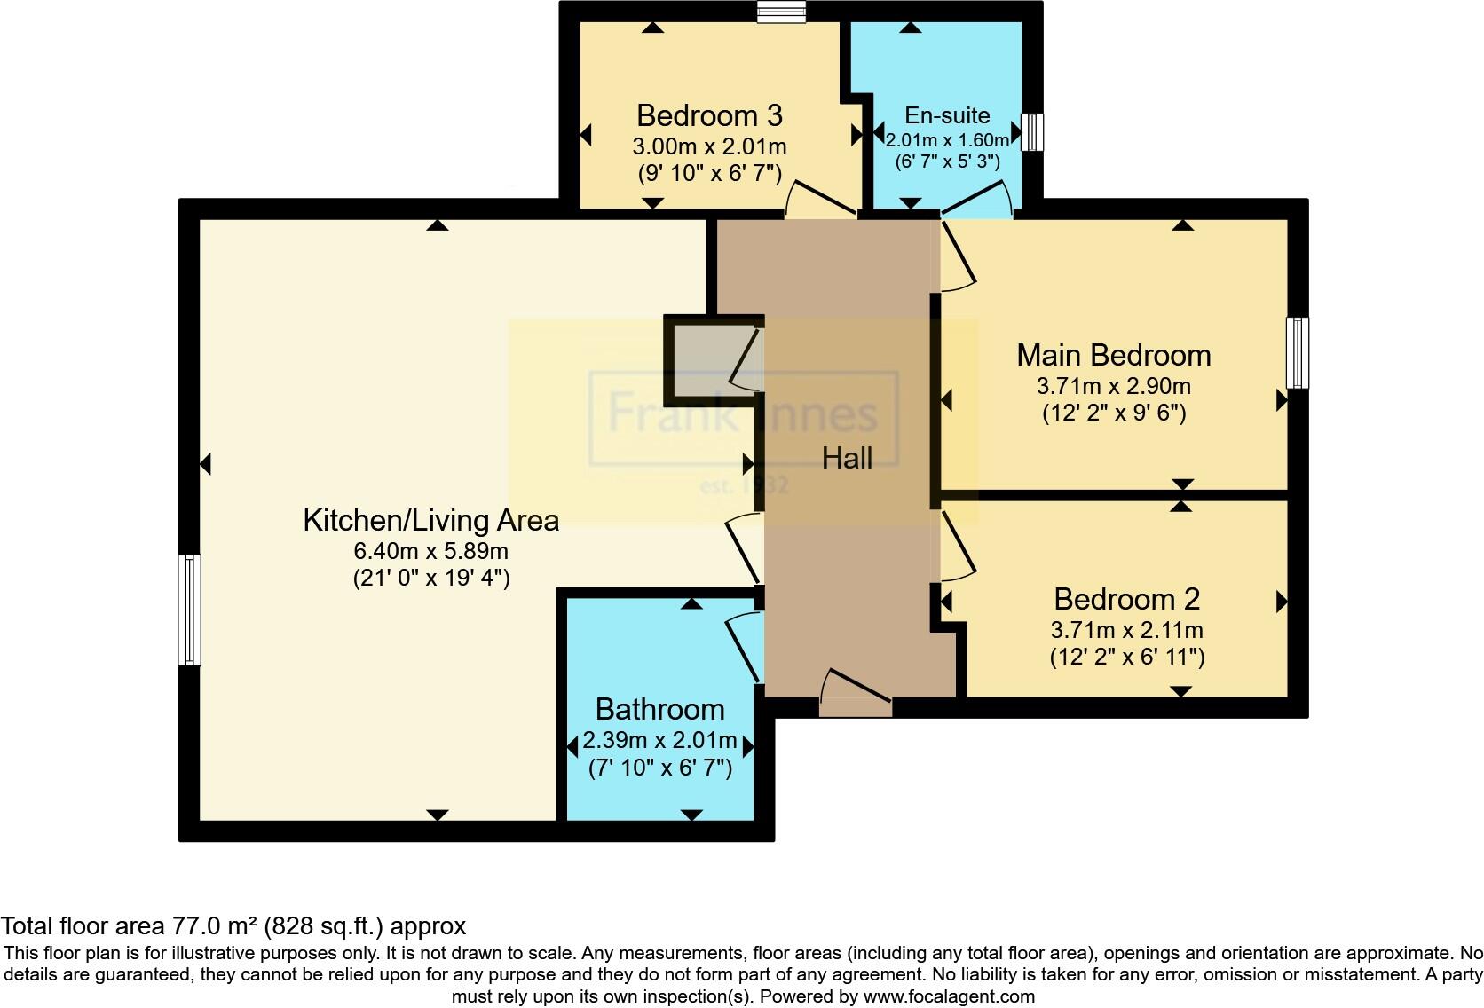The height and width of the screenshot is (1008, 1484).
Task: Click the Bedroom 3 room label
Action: coord(709,116)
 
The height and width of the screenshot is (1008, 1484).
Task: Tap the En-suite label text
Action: coord(947,115)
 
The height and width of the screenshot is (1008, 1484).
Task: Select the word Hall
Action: coord(847,458)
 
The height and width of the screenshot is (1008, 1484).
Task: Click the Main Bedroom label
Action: coord(1113,355)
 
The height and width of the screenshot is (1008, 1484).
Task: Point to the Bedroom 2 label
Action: coord(1126,599)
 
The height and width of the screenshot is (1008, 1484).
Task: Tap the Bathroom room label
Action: coord(659,709)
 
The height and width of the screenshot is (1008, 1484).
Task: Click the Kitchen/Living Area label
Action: coord(430,520)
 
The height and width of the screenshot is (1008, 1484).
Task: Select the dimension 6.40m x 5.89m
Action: coord(430,551)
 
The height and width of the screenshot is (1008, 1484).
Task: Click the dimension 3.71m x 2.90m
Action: coord(1113,386)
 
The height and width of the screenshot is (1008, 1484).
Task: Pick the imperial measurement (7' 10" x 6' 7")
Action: coord(659,768)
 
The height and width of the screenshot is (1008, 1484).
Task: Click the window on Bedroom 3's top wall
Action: coord(781,12)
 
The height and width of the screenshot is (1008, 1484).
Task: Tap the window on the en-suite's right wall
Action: coord(1031,131)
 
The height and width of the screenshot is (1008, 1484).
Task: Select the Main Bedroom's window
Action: coord(1297,352)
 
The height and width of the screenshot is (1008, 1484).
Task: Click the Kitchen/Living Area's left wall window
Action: coord(189,610)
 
